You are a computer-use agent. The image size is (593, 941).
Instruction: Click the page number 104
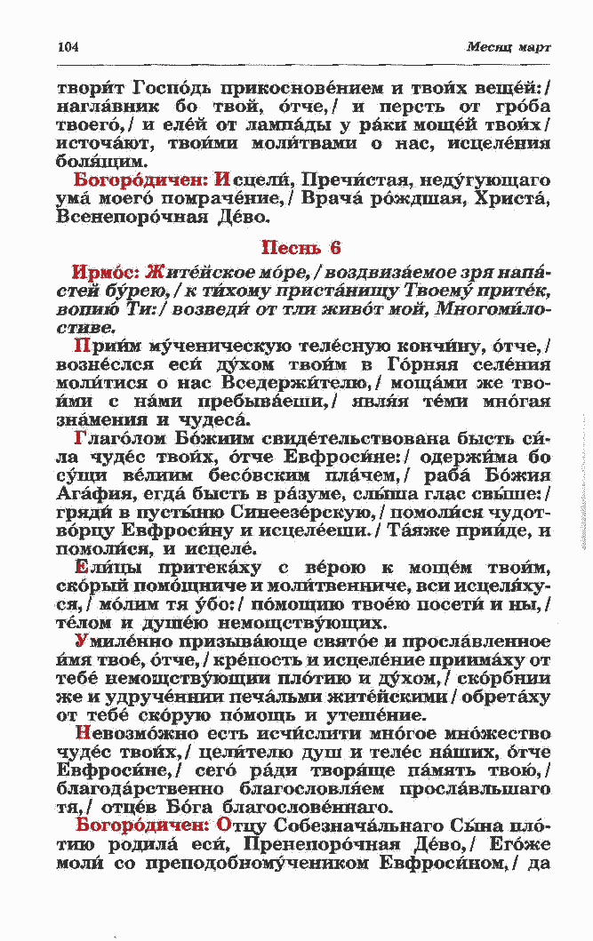click(68, 47)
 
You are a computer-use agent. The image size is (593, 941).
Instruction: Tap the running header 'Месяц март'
click(508, 47)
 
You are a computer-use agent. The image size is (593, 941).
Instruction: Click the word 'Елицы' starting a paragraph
click(108, 569)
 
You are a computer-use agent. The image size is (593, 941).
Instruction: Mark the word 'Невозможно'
click(134, 734)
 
